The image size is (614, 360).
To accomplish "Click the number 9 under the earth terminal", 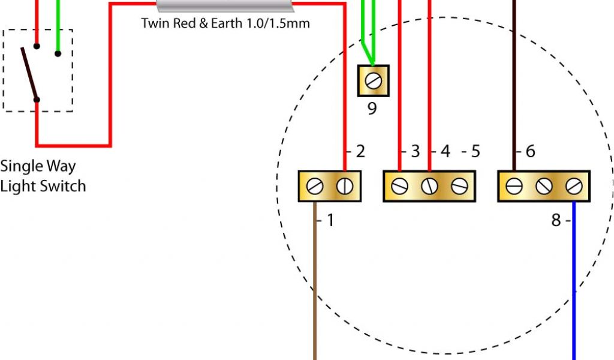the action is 372,109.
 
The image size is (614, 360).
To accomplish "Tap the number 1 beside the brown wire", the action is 330,221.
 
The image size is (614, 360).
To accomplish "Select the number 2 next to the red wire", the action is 360,152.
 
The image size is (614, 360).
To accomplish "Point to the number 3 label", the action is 415,152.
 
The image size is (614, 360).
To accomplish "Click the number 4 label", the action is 445,152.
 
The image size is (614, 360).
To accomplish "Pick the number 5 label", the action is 475,152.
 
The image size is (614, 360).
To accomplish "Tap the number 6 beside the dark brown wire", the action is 530,152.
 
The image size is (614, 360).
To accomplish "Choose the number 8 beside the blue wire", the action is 556,221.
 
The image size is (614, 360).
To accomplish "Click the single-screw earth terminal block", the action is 374,80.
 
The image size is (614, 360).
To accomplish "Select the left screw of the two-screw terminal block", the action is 314,187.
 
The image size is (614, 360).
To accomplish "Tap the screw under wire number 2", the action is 345,187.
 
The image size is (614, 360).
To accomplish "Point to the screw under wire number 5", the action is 460,187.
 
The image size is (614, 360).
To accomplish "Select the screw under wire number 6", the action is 514,187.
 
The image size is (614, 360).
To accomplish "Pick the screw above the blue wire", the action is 574,187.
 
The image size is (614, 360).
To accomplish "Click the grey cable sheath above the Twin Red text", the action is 225,6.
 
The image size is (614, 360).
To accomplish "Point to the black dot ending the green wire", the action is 58,53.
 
